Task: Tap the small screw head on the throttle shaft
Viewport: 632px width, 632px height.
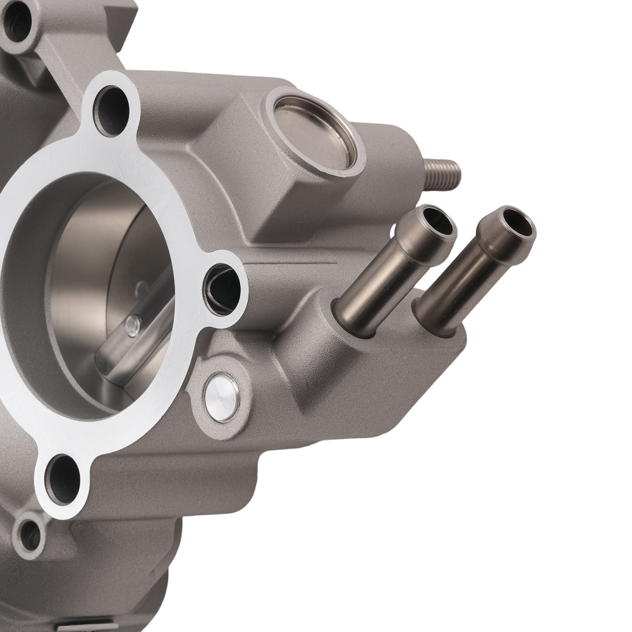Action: [x=132, y=325]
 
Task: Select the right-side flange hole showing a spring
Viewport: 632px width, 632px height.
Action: [x=222, y=290]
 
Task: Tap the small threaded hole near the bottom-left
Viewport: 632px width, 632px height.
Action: [x=29, y=535]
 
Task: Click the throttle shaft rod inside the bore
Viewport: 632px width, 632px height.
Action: [x=136, y=335]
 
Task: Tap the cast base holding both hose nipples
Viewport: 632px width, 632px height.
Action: [x=392, y=360]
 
